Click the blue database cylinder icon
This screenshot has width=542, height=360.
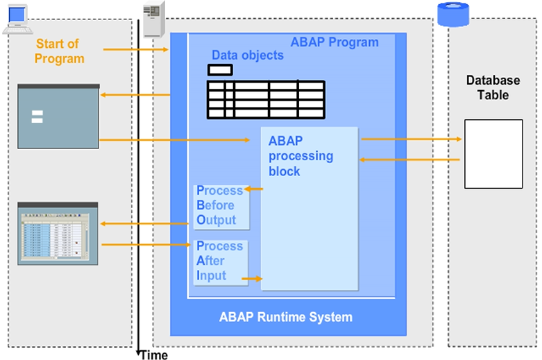click(x=453, y=13)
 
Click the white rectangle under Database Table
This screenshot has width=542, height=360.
click(x=493, y=153)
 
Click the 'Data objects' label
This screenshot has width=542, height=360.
click(x=248, y=55)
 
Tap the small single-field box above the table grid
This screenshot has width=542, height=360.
click(x=221, y=69)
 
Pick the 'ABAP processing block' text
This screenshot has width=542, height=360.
click(x=300, y=155)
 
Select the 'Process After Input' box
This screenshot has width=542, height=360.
click(x=219, y=261)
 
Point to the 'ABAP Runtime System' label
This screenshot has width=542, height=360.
click(x=285, y=318)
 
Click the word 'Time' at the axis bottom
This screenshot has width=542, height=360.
click(x=154, y=355)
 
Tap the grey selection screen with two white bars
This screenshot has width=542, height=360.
click(x=58, y=116)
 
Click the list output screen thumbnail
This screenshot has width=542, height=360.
click(x=58, y=233)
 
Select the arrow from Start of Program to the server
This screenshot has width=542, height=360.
click(x=135, y=49)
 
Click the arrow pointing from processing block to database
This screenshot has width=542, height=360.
click(x=411, y=139)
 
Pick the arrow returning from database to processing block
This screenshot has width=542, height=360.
click(x=411, y=160)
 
